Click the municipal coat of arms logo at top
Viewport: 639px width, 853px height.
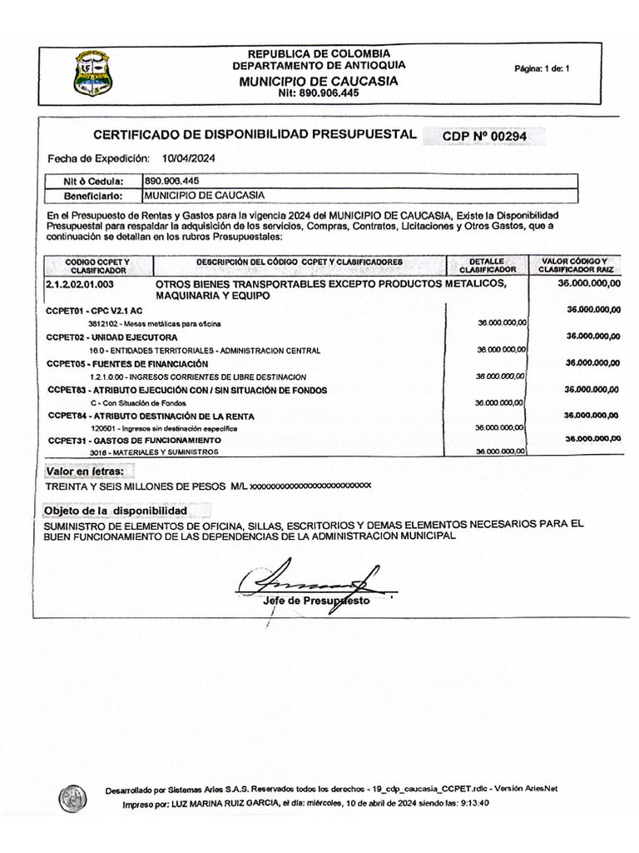pyautogui.click(x=94, y=72)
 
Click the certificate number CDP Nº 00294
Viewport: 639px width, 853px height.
pyautogui.click(x=484, y=135)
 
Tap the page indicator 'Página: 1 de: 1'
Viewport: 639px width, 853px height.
pyautogui.click(x=542, y=69)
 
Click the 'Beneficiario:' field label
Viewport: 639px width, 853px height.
pyautogui.click(x=93, y=197)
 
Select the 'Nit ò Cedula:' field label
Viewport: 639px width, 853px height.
pyautogui.click(x=93, y=182)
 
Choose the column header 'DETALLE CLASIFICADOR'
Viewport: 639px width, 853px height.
pyautogui.click(x=488, y=266)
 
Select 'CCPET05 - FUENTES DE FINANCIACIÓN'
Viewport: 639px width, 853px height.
pyautogui.click(x=127, y=364)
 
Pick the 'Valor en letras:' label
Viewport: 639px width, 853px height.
pyautogui.click(x=86, y=472)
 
